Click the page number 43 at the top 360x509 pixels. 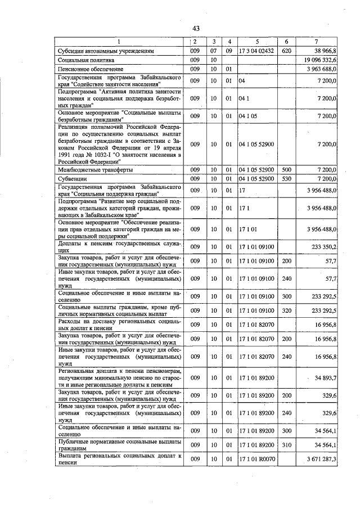[x=196, y=28]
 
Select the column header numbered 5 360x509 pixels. [x=257, y=42]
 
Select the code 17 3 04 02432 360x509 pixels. [x=256, y=51]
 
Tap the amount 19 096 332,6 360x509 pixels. [x=319, y=60]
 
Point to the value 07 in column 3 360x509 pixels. [x=213, y=51]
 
